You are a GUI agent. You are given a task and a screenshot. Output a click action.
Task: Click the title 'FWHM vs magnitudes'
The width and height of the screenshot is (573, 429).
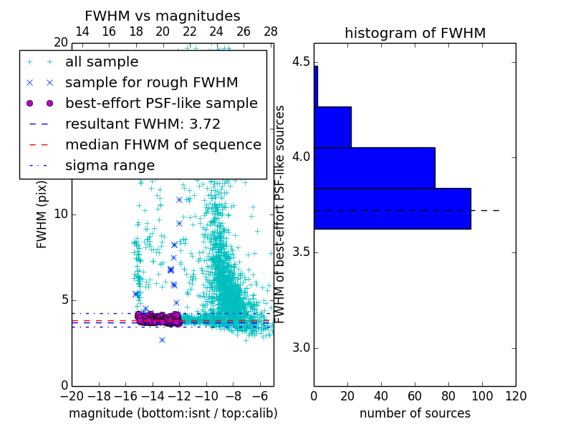(163, 16)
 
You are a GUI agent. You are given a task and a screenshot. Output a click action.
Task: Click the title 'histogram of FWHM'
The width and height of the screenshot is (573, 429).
(415, 33)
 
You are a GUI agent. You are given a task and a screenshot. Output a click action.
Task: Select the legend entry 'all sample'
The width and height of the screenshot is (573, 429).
(102, 62)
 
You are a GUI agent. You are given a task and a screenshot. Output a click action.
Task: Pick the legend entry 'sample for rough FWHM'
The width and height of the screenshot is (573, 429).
(151, 83)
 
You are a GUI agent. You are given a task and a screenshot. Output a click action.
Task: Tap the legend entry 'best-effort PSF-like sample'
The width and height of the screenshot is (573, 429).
(161, 103)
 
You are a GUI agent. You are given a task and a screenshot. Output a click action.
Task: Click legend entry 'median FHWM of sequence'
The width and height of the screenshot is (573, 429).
(163, 144)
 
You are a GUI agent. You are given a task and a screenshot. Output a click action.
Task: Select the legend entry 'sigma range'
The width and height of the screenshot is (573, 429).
(110, 165)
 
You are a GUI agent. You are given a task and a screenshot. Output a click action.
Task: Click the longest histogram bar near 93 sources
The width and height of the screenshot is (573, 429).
(392, 209)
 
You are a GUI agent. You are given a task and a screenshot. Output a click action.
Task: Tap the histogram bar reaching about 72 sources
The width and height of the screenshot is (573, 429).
(374, 168)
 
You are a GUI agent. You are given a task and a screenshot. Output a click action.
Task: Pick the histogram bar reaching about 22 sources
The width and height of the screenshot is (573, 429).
(332, 127)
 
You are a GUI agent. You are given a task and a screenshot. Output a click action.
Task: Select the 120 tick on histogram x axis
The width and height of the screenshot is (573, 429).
(516, 395)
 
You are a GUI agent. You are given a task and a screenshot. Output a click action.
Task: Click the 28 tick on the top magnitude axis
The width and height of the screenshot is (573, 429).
(271, 31)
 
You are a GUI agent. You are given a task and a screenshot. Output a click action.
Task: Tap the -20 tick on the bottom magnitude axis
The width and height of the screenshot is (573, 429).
(72, 396)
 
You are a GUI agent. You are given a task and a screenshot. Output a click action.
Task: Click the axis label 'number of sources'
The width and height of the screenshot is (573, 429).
(415, 413)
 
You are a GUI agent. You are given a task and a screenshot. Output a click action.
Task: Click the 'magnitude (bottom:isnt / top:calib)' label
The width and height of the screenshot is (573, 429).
(173, 413)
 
